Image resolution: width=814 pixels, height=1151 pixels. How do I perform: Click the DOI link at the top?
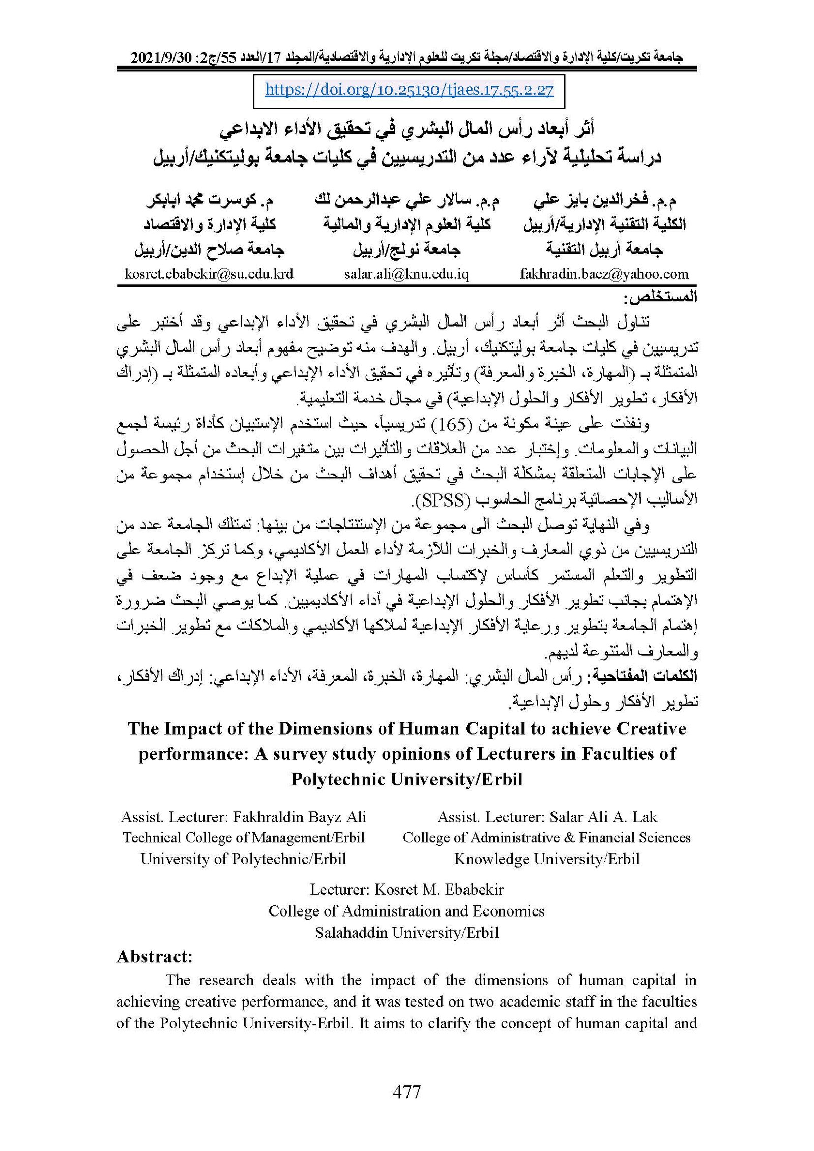pyautogui.click(x=409, y=91)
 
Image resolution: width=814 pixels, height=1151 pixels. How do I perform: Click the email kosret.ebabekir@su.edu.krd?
pyautogui.click(x=209, y=274)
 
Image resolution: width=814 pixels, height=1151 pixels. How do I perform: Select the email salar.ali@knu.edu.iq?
pyautogui.click(x=406, y=274)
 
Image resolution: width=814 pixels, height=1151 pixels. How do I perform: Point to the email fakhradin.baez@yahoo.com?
pyautogui.click(x=604, y=274)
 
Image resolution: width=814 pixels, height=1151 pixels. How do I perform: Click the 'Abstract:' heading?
pyautogui.click(x=154, y=957)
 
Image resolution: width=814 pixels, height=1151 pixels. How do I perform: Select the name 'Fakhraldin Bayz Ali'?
pyautogui.click(x=299, y=817)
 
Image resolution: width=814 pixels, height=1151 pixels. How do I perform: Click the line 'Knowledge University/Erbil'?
pyautogui.click(x=547, y=859)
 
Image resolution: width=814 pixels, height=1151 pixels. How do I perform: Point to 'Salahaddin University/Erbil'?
pyautogui.click(x=406, y=933)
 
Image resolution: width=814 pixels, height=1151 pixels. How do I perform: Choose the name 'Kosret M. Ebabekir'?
pyautogui.click(x=439, y=890)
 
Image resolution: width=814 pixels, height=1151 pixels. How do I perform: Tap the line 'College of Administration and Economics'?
pyautogui.click(x=406, y=911)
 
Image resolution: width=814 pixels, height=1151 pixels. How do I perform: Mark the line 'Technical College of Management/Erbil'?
pyautogui.click(x=244, y=838)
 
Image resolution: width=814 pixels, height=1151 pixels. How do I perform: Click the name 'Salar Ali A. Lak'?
pyautogui.click(x=603, y=817)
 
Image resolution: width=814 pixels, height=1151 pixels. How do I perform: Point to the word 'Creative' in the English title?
pyautogui.click(x=651, y=729)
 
